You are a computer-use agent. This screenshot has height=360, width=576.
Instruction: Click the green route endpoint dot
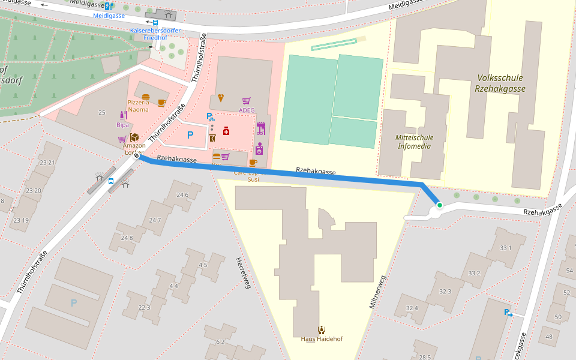pyautogui.click(x=439, y=205)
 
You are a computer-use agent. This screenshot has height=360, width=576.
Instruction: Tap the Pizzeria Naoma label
pyautogui.click(x=138, y=106)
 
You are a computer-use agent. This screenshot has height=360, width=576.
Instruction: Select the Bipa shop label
pyautogui.click(x=122, y=125)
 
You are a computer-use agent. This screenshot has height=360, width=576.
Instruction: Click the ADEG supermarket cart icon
pyautogui.click(x=246, y=101)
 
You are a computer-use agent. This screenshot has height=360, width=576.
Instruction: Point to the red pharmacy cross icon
pyautogui.click(x=226, y=130)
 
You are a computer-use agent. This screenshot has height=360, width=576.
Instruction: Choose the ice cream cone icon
pyautogui.click(x=221, y=98)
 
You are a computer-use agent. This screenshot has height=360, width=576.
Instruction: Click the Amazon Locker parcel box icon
pyautogui.click(x=134, y=137)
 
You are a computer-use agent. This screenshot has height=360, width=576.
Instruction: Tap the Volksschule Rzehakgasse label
pyautogui.click(x=500, y=83)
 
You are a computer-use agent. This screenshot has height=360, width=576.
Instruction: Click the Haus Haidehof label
pyautogui.click(x=322, y=338)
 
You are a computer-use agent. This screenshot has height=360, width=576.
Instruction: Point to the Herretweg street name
pyautogui.click(x=242, y=273)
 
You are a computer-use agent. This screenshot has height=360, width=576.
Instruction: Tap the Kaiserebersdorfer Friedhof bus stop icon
pyautogui.click(x=155, y=22)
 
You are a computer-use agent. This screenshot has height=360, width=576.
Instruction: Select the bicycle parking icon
pyautogui.click(x=210, y=117)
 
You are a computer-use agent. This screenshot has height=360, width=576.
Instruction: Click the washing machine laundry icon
pyautogui.click(x=259, y=148)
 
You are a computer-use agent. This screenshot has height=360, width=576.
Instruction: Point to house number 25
pyautogui.click(x=101, y=113)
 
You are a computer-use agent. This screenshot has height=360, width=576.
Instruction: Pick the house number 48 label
pyautogui.click(x=548, y=337)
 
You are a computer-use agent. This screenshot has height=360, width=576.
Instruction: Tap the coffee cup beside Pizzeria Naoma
pyautogui.click(x=161, y=103)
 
